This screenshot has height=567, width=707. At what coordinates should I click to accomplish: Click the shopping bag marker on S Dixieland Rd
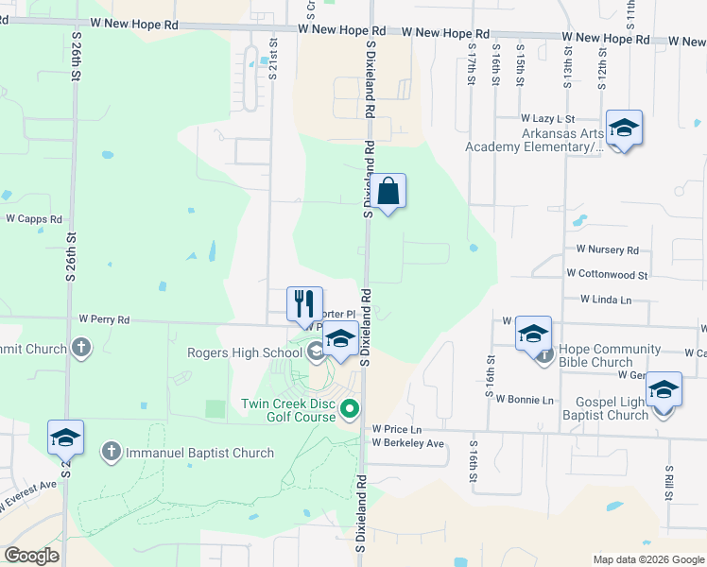coord(388,192)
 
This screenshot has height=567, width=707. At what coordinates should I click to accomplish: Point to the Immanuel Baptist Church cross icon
coord(112,453)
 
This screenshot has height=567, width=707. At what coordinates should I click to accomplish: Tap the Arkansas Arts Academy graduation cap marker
coord(624,129)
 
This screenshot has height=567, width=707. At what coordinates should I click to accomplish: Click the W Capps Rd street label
coord(33,217)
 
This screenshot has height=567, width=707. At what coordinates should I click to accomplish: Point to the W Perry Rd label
coord(104,319)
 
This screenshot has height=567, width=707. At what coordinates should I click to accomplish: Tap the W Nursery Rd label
coord(607,249)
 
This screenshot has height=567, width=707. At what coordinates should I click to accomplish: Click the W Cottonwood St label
coord(607,274)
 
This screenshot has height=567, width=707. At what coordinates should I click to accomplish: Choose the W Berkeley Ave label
coord(407,443)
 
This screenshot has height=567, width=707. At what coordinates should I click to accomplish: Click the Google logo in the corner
coord(31,556)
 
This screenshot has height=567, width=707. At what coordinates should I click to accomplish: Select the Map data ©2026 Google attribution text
coord(647,559)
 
